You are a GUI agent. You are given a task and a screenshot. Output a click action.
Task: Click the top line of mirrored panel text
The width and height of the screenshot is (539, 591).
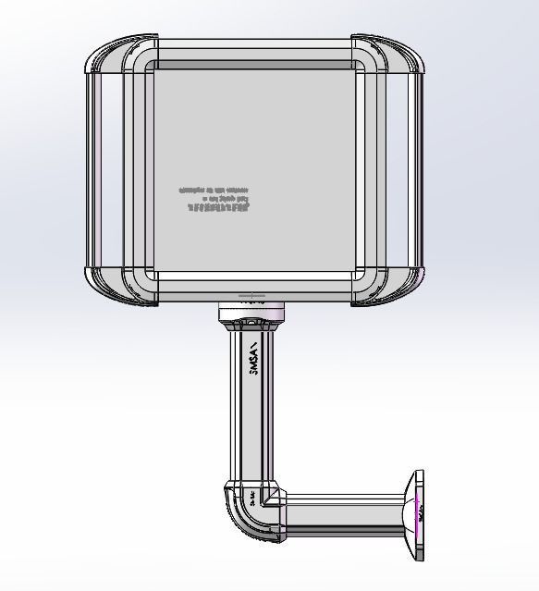(x=214, y=189)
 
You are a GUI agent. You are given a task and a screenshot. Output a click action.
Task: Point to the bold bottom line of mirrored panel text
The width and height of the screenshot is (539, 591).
(x=218, y=208)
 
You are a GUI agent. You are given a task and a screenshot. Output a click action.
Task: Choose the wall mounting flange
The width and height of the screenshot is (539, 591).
(x=419, y=515)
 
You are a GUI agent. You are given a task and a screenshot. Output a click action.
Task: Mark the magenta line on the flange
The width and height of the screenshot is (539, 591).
(x=418, y=510)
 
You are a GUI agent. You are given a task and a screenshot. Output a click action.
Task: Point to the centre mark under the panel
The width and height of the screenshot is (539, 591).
(x=251, y=298)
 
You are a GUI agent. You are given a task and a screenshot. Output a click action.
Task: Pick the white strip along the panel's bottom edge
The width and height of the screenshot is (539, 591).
(x=254, y=276)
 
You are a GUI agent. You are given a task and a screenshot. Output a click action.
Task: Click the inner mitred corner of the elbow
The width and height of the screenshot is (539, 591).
(x=269, y=498)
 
